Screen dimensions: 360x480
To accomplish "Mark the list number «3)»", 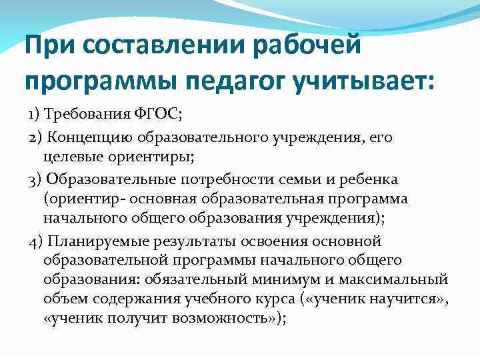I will tap(36, 181).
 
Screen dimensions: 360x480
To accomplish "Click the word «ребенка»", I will tap(374, 181).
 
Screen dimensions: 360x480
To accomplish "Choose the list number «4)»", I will tap(36, 241).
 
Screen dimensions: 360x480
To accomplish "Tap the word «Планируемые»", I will tap(97, 241).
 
